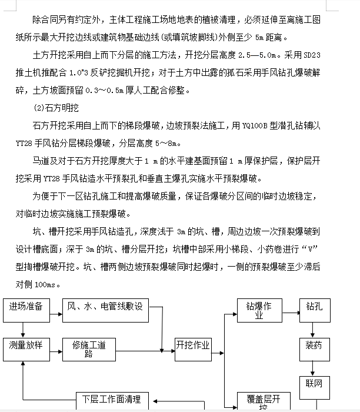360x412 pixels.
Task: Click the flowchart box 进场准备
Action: tap(26, 307)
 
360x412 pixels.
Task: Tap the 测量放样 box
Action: tap(26, 345)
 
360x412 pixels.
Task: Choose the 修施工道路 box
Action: tap(88, 349)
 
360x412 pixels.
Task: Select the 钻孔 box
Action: tap(314, 307)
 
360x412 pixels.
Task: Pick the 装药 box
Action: tap(314, 345)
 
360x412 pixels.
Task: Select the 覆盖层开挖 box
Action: tap(259, 403)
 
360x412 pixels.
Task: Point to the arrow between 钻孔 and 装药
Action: tap(314, 326)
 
